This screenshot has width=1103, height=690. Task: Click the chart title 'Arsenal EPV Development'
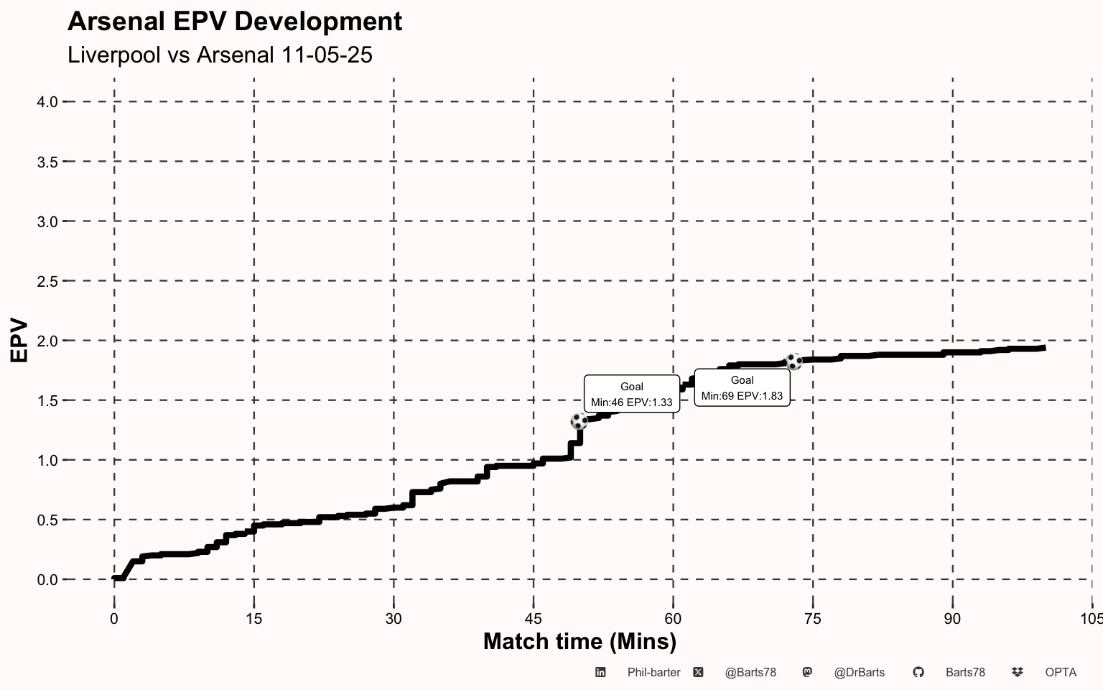coord(235,22)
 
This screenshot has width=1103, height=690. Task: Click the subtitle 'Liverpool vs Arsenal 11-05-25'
coord(220,55)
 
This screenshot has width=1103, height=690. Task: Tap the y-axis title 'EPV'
coord(19,340)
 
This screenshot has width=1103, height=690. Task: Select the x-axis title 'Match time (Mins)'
coord(580,641)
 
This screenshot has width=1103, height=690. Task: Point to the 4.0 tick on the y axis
coord(47,102)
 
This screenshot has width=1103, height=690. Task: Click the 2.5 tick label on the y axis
coord(47,281)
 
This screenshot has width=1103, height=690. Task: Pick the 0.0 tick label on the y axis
coord(47,579)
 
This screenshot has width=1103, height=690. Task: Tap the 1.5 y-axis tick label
coord(47,400)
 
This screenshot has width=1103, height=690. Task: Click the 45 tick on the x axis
coord(533,619)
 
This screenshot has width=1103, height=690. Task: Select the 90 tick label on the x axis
coord(952,619)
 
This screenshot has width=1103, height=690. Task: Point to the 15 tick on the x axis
coord(253,619)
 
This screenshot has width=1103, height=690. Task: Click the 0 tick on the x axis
coord(114,619)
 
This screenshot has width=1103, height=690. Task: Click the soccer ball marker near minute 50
coord(579,421)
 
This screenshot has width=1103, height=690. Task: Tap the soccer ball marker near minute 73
coord(793,361)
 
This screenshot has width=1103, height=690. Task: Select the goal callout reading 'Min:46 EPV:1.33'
coord(632,395)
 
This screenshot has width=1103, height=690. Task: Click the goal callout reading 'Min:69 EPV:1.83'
coord(742,388)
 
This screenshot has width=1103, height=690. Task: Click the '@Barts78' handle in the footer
coord(750,673)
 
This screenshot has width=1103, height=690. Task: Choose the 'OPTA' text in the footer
coord(1061,673)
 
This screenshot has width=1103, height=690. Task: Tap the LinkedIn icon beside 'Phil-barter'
coord(600,673)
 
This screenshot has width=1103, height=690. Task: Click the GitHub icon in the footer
coord(918,673)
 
